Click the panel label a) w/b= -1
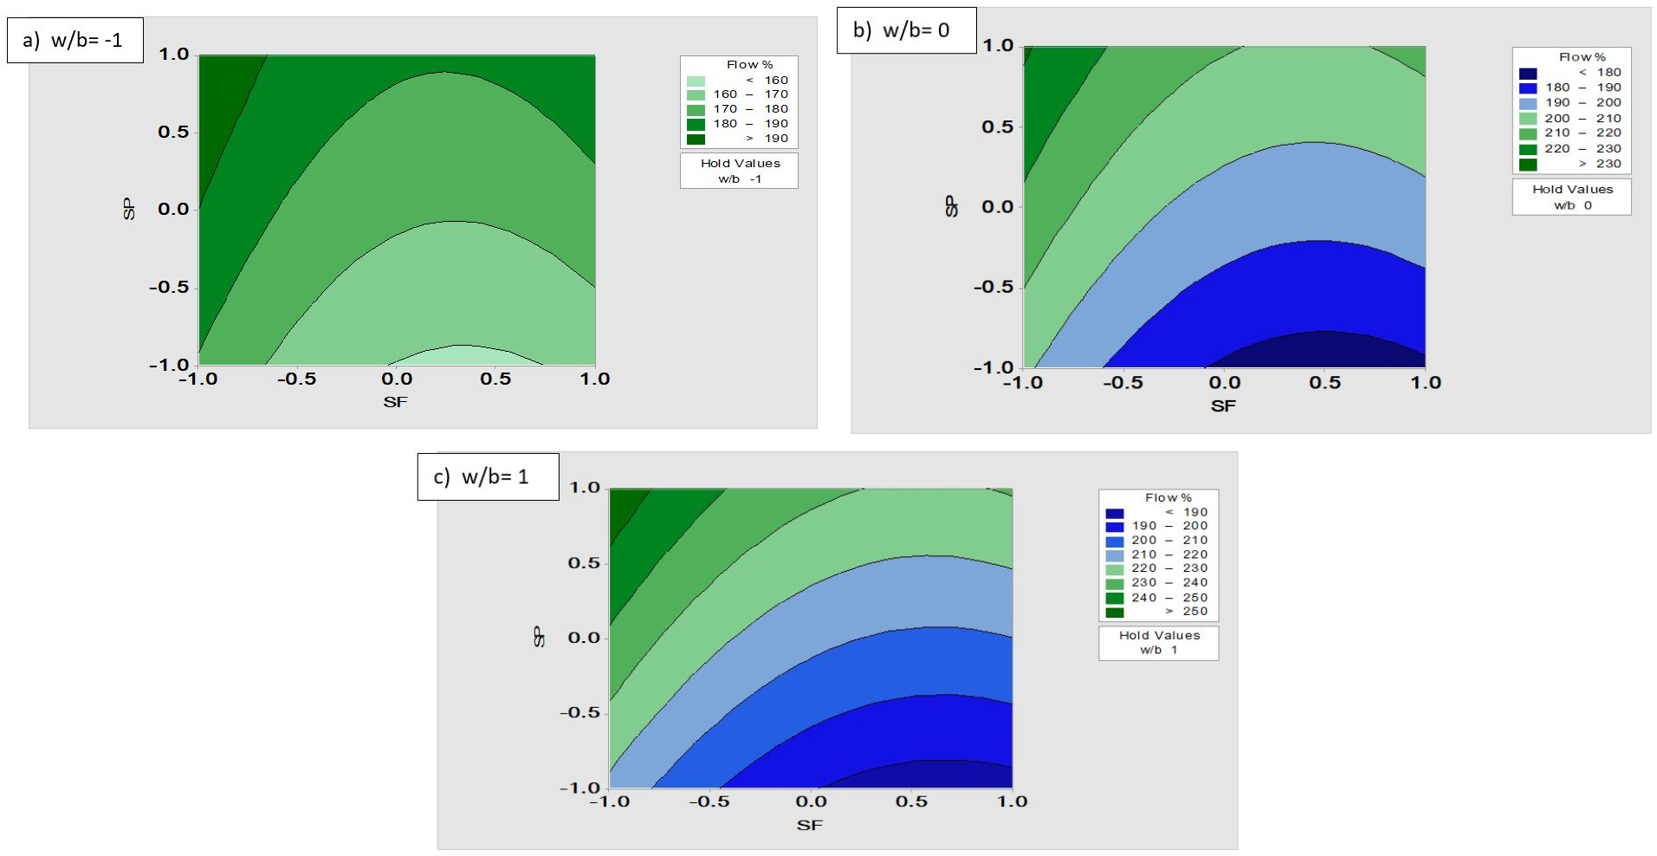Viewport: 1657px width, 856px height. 74,40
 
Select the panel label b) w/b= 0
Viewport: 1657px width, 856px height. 905,30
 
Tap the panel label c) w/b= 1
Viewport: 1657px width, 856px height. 487,477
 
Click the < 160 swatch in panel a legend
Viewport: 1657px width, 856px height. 696,81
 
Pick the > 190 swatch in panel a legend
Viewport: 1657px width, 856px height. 696,139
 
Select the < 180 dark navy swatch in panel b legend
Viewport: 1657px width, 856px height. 1528,73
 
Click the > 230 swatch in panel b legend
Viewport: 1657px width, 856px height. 1528,164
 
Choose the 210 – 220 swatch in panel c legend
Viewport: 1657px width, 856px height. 1115,554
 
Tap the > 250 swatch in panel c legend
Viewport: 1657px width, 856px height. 1115,612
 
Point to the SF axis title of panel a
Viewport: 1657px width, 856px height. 395,401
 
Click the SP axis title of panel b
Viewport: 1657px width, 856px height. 952,206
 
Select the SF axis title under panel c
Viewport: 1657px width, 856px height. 809,825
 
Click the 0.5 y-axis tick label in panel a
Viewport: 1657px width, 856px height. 172,132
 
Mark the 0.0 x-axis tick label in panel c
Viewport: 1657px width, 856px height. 812,801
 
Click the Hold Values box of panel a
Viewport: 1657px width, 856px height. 739,171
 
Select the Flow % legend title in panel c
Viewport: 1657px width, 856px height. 1168,497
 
